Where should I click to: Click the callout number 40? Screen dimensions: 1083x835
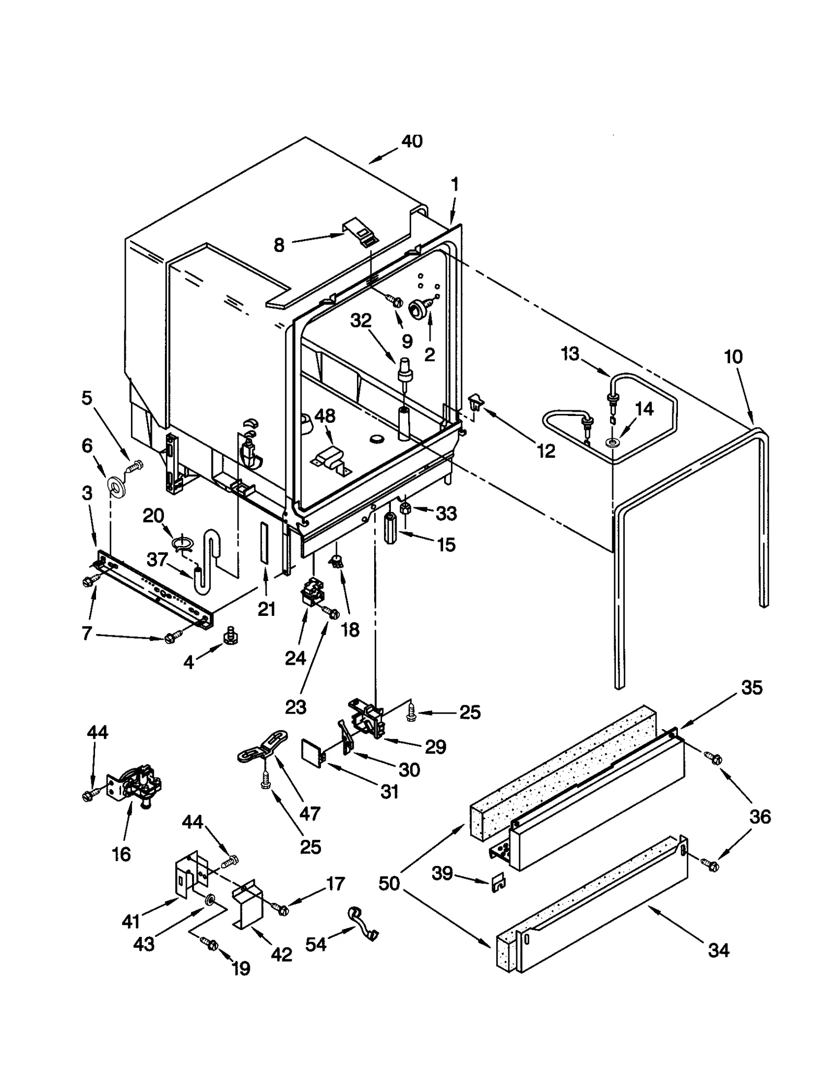coord(412,141)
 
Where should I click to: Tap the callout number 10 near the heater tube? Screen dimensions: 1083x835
coord(733,357)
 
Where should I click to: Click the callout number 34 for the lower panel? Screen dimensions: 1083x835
coord(718,950)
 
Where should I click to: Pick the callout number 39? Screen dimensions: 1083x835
coord(442,873)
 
